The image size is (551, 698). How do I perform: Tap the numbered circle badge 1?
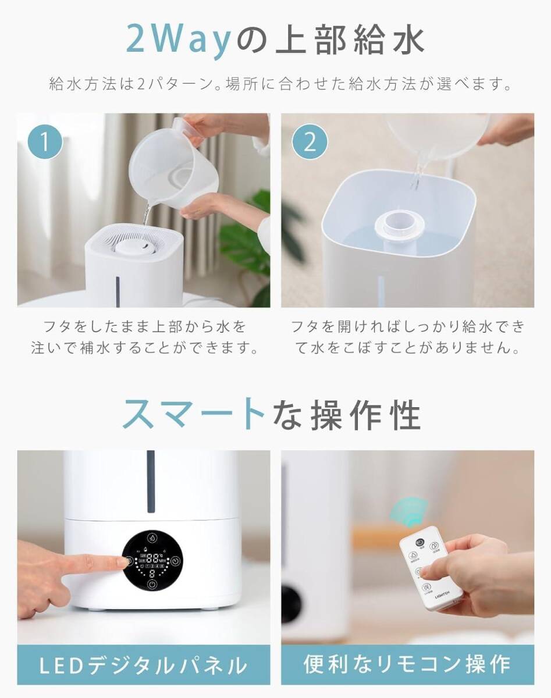click(x=45, y=142)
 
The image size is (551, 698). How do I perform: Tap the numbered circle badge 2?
click(x=310, y=142)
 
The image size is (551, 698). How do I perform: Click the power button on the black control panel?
click(x=152, y=585)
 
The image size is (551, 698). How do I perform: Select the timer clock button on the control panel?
click(x=176, y=561)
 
